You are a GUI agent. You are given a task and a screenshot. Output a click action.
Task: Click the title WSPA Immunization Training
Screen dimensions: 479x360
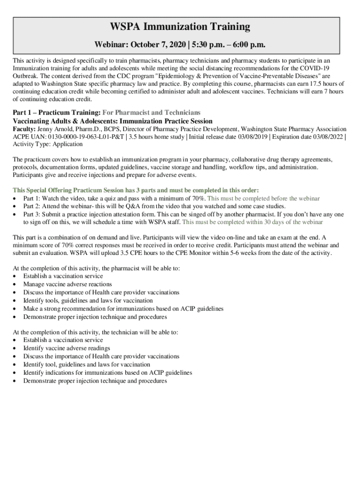[180, 27]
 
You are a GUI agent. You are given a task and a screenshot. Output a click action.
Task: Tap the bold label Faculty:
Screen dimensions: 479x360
[23, 129]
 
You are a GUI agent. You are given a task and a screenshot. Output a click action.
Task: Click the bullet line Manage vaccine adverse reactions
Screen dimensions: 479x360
[68, 284]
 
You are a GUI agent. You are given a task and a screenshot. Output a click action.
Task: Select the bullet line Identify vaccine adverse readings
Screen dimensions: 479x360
[67, 348]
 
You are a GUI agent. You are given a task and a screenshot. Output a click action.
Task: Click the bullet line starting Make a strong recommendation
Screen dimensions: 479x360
[123, 309]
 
